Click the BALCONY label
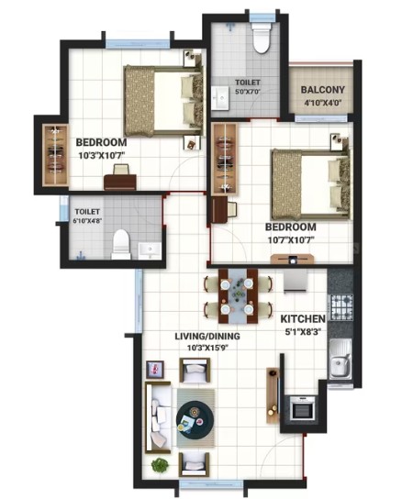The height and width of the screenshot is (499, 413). pyautogui.click(x=322, y=90)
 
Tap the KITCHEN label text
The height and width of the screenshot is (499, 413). pyautogui.click(x=303, y=318)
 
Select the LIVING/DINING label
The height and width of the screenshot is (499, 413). pyautogui.click(x=207, y=336)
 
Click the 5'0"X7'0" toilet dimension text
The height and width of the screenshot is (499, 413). pyautogui.click(x=248, y=92)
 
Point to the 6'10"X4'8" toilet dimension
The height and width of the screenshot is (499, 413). pyautogui.click(x=87, y=221)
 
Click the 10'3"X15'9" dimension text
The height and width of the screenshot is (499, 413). pyautogui.click(x=208, y=348)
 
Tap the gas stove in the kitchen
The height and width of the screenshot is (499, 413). pyautogui.click(x=341, y=307)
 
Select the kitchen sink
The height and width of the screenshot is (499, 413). pyautogui.click(x=340, y=359)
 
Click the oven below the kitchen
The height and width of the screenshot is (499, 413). pyautogui.click(x=303, y=408)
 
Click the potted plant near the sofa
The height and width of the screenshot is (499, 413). pyautogui.click(x=160, y=465)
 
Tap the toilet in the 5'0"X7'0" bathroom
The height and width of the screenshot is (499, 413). pyautogui.click(x=261, y=38)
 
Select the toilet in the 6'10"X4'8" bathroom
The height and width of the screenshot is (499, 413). pyautogui.click(x=121, y=244)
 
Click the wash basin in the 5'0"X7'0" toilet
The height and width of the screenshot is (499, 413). pyautogui.click(x=220, y=98)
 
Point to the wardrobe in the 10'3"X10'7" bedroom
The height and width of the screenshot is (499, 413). pyautogui.click(x=56, y=155)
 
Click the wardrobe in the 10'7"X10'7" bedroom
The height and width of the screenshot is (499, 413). pyautogui.click(x=225, y=159)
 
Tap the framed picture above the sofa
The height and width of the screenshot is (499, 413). pyautogui.click(x=155, y=370)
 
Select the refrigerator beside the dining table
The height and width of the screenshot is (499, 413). pyautogui.click(x=296, y=281)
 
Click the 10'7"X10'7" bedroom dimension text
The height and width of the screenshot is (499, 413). pyautogui.click(x=291, y=239)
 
